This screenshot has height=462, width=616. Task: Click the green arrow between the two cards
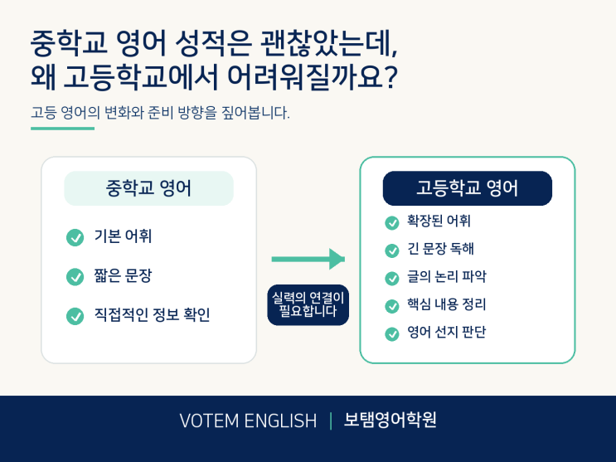click(x=308, y=259)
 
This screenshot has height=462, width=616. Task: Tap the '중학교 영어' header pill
click(x=149, y=188)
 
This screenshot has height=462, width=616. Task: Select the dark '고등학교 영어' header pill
click(x=467, y=188)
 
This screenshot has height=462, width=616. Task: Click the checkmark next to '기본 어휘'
click(x=75, y=237)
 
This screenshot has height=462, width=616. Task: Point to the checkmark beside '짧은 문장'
click(x=75, y=277)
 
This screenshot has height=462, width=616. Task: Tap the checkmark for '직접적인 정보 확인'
click(x=75, y=316)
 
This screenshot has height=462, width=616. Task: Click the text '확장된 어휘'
click(x=439, y=221)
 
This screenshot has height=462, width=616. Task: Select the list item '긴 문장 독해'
click(x=441, y=249)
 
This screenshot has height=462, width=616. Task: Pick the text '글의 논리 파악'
click(x=447, y=277)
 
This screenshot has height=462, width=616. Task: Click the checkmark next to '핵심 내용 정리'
click(x=391, y=306)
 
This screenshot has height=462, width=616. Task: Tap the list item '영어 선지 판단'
click(x=447, y=333)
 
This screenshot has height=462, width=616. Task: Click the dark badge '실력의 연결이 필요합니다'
click(x=308, y=305)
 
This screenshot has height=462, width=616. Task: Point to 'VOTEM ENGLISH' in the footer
click(x=248, y=421)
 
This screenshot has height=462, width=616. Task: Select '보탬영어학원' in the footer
click(x=390, y=420)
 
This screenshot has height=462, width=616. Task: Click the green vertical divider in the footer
click(x=331, y=421)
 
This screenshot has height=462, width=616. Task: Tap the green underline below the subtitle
click(x=62, y=129)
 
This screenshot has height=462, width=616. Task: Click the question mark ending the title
click(x=390, y=77)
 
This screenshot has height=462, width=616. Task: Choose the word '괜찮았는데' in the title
click(x=329, y=44)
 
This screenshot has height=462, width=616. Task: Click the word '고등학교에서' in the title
click(x=141, y=76)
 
